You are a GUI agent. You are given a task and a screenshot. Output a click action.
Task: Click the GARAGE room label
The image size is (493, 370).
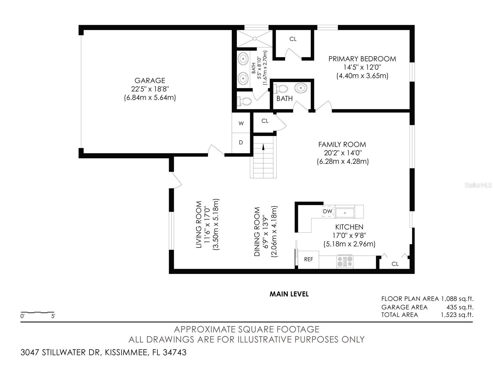150,81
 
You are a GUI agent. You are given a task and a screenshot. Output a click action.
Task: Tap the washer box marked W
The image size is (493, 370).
241,123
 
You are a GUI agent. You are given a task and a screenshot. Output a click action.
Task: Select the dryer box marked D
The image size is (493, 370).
241,143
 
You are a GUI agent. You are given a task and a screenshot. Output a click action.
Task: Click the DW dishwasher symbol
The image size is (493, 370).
328,211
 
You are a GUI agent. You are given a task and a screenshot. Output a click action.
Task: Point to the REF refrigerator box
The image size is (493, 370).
308,260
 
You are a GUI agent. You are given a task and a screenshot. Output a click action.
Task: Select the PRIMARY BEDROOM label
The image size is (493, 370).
362,59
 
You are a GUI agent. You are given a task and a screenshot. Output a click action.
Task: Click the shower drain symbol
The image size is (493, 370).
255,38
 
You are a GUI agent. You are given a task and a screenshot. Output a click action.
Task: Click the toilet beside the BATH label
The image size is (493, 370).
280,89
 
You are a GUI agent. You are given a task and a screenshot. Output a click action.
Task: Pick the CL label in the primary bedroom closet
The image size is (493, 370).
293,39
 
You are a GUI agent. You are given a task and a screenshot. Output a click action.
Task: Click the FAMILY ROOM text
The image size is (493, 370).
342,145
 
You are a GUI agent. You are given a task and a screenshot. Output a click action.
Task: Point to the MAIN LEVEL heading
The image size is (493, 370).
289,294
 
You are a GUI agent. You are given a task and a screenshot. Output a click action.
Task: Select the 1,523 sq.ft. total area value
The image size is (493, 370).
457,315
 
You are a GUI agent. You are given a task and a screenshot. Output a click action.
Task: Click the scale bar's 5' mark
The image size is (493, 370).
53,316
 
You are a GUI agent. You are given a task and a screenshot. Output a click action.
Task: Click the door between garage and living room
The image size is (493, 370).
216,151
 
